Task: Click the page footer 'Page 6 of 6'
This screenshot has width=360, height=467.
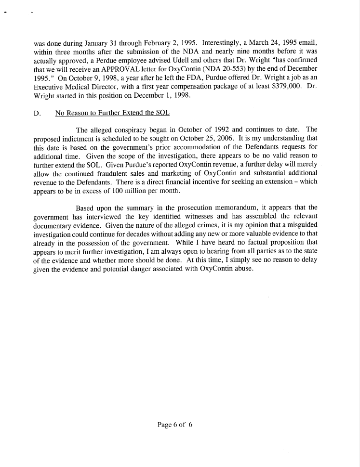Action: (175, 425)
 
